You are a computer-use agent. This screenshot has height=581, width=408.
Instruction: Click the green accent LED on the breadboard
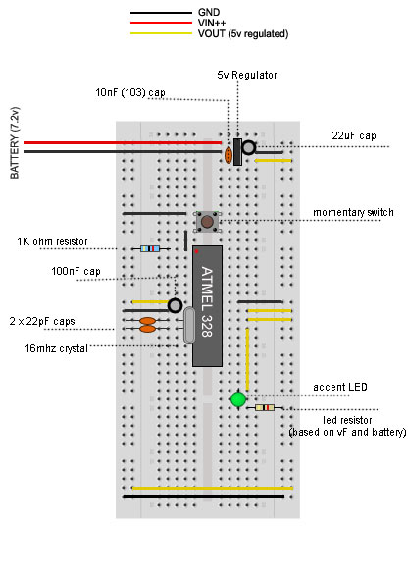[x=237, y=399]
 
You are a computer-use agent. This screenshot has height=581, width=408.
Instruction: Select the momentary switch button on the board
[x=207, y=221]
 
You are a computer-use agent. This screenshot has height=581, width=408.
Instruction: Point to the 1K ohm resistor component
[x=150, y=248]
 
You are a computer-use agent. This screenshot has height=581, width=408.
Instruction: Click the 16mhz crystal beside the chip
[x=188, y=326]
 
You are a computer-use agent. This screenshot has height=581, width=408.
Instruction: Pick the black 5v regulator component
[x=237, y=151]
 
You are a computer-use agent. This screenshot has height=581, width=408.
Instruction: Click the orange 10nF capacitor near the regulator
[x=229, y=155]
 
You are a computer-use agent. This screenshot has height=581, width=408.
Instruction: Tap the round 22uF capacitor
[x=250, y=147]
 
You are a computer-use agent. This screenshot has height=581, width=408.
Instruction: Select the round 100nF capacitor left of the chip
[x=175, y=305]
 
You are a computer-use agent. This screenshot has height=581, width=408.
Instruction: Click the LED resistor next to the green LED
[x=265, y=407]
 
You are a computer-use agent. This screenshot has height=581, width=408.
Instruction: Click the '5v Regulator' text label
[x=246, y=75]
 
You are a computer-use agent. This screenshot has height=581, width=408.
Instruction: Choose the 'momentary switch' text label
[x=353, y=213]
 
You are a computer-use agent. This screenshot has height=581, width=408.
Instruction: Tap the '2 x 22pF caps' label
[x=41, y=322]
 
